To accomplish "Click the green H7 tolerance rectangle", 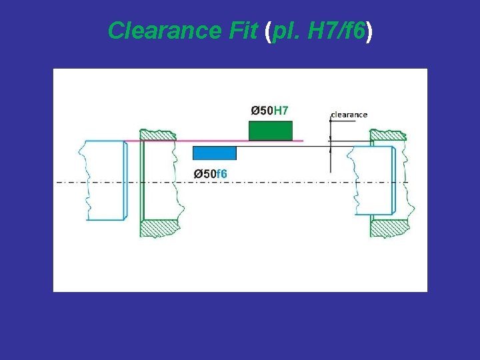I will point(270,131).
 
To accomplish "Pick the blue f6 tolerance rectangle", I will point(214,153).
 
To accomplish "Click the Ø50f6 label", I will point(211,174).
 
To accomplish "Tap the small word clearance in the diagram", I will point(349,115).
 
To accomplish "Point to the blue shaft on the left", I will point(103,180).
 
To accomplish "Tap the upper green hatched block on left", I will point(159,135).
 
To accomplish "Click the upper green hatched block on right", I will point(388,136).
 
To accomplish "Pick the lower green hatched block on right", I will point(389,228).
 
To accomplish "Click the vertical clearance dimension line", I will point(330,143).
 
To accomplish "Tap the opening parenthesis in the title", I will point(269,31).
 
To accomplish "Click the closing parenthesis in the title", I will point(368,31).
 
